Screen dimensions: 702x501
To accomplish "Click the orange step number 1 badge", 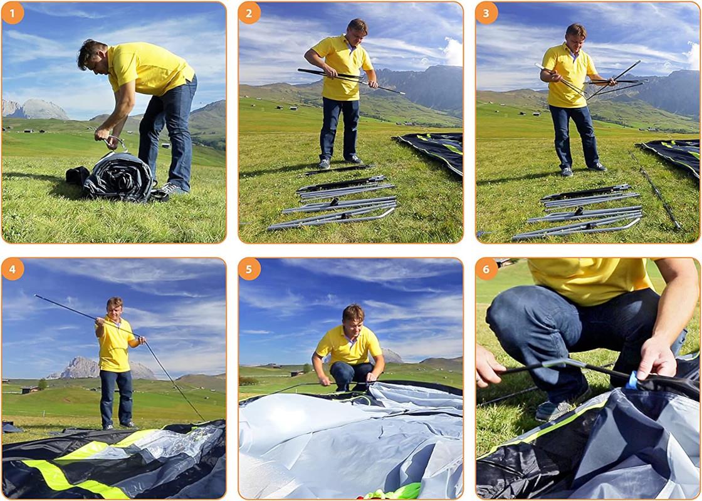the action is click(13, 13).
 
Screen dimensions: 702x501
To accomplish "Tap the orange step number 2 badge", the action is click(249, 13).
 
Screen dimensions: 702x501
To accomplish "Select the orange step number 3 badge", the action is click(486, 13).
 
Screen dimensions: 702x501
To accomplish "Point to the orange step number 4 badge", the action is click(13, 269).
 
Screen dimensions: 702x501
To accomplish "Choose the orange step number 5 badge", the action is click(249, 269).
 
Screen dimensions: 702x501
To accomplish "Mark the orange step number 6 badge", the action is click(486, 269).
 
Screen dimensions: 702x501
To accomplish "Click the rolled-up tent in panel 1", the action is click(119, 177).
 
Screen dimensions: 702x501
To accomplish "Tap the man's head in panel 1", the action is click(92, 54).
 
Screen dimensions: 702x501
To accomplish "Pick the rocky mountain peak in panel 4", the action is click(81, 367).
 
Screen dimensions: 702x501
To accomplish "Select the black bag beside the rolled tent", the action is click(77, 175).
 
